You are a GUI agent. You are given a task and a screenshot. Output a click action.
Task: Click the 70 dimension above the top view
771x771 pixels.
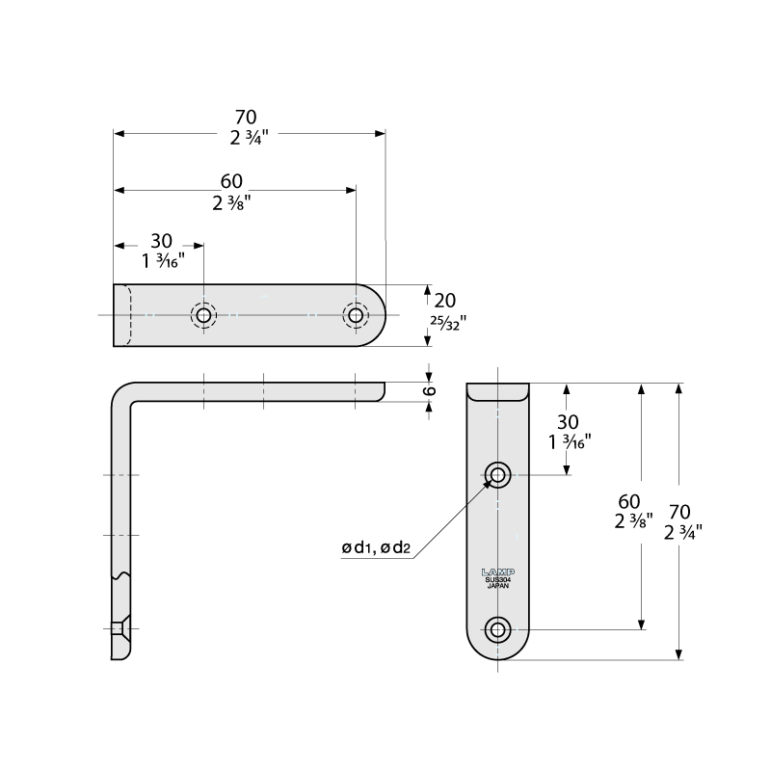coord(245,118)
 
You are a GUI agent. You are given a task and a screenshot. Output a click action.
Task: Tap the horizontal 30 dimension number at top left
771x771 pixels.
coord(161,241)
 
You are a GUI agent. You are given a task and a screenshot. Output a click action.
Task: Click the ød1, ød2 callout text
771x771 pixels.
coord(376,548)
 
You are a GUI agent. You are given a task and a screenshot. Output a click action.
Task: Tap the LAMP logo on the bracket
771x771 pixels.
coord(497,571)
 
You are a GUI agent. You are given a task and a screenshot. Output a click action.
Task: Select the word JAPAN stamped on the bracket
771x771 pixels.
coord(497,585)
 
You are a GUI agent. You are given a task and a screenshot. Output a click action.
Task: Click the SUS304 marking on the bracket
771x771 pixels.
coord(497,578)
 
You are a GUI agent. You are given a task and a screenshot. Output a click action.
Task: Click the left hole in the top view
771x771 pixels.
coord(202,315)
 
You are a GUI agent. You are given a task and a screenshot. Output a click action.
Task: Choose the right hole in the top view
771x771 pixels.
coord(356,315)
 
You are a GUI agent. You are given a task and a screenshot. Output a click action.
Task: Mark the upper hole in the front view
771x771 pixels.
coord(498,473)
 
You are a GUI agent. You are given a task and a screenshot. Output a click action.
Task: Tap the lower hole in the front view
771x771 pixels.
coord(498,629)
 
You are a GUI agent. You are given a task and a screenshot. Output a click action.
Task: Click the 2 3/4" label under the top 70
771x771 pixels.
coord(248,138)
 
